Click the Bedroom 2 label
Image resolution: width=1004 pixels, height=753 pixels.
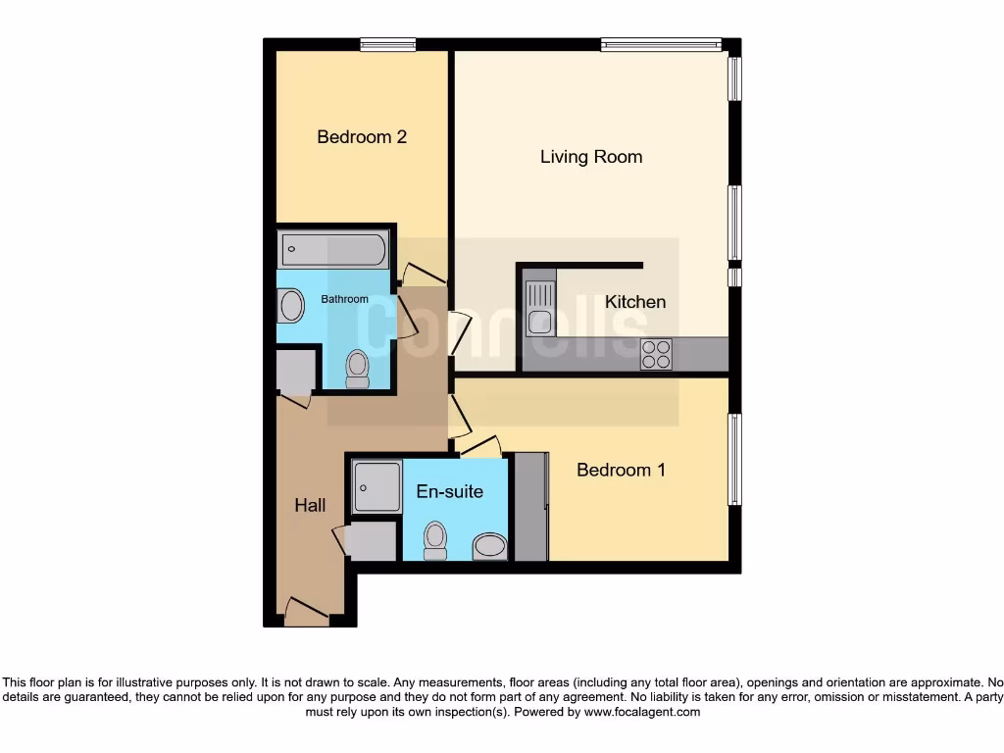[362, 137]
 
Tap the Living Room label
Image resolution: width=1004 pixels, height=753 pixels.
[591, 157]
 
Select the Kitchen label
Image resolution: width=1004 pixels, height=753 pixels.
[634, 302]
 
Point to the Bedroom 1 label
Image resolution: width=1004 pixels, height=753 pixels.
[621, 470]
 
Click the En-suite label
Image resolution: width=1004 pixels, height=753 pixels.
[449, 491]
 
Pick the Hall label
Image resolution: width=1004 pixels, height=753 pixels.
[310, 506]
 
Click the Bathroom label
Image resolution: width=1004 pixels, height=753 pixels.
[344, 299]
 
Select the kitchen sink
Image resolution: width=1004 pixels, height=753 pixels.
[540, 308]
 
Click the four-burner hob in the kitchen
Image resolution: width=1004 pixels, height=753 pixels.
[656, 354]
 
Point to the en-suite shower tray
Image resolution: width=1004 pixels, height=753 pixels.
[376, 486]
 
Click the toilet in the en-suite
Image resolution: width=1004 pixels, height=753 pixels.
[434, 540]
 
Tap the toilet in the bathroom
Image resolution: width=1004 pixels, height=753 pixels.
[358, 369]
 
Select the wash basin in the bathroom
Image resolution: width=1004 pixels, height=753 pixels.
[292, 307]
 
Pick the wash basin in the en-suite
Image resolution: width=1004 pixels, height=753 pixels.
[489, 547]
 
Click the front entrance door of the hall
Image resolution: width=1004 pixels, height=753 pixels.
[306, 615]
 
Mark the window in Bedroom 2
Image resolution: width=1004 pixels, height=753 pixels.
[386, 44]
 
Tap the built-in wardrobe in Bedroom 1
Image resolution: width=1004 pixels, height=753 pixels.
[530, 507]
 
